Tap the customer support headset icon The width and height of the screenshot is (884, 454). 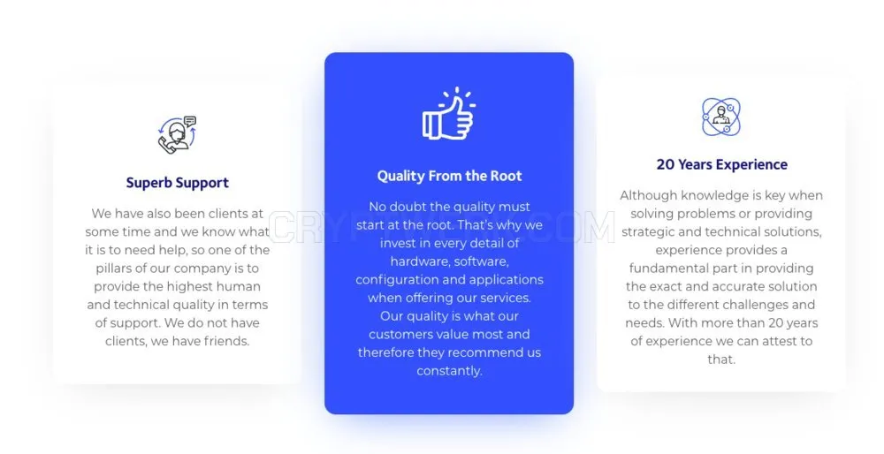click(177, 134)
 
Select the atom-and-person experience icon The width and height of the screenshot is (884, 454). click(721, 117)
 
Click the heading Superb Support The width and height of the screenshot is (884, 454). click(177, 183)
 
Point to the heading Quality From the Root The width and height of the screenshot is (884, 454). click(449, 176)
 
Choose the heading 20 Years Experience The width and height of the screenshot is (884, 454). click(721, 164)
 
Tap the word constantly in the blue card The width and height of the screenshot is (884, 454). click(449, 371)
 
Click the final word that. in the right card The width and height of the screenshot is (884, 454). click(721, 359)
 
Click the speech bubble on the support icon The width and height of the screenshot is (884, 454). click(191, 120)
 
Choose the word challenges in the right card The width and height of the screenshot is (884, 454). click(742, 305)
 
